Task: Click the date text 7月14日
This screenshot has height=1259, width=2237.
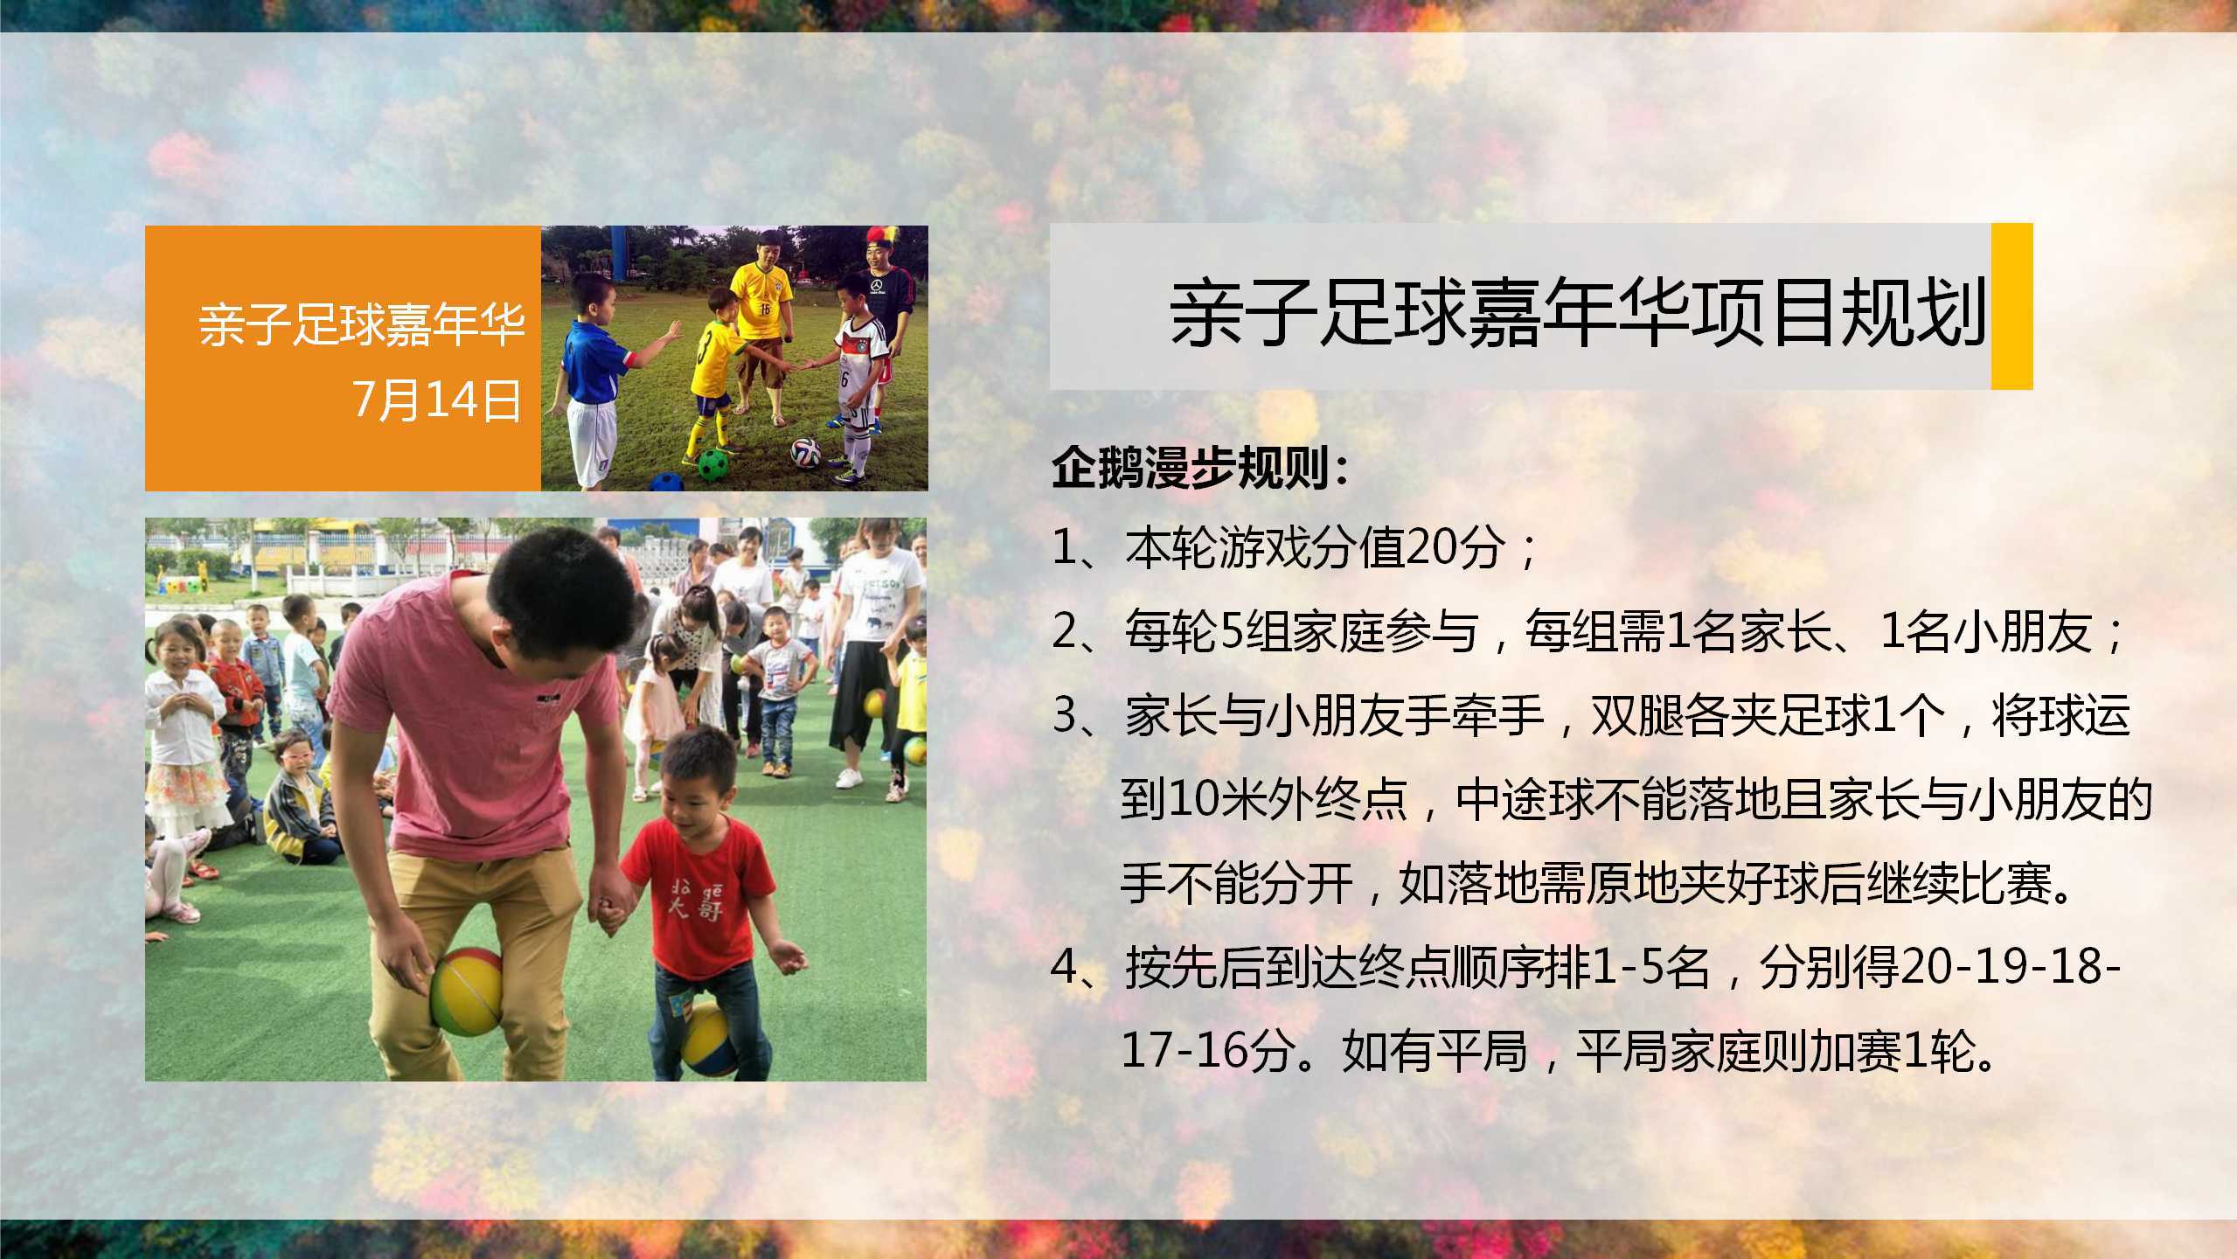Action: (436, 401)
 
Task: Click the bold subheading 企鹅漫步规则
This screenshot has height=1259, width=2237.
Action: (1200, 471)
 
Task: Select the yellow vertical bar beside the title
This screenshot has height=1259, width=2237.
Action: (2011, 306)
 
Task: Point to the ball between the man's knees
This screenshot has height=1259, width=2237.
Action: (467, 991)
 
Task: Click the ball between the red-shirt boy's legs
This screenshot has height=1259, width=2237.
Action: (710, 1040)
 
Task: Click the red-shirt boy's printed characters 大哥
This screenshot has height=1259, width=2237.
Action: (691, 901)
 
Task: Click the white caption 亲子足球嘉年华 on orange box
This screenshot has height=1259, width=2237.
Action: (361, 325)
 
